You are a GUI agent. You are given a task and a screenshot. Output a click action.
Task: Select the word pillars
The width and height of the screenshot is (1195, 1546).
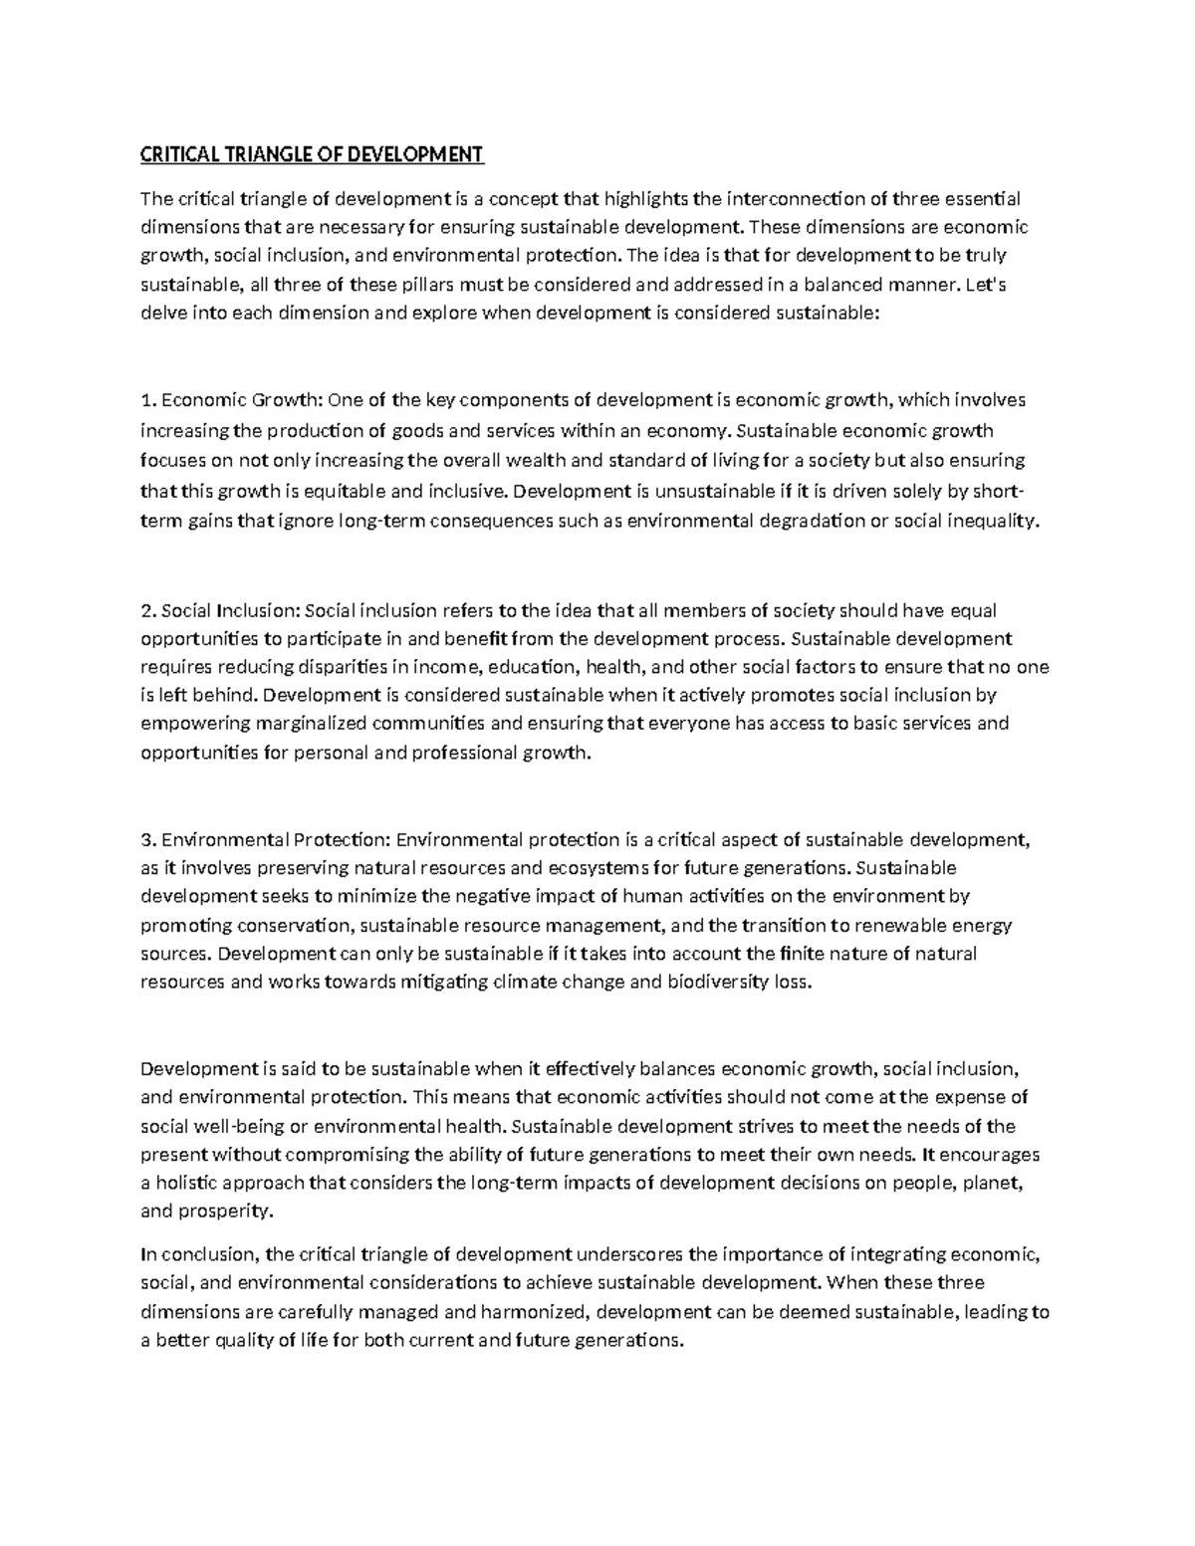pos(431,285)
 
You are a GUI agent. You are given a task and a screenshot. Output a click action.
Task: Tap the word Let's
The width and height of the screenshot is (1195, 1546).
pos(987,285)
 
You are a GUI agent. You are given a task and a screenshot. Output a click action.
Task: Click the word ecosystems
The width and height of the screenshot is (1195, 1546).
pos(596,867)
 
